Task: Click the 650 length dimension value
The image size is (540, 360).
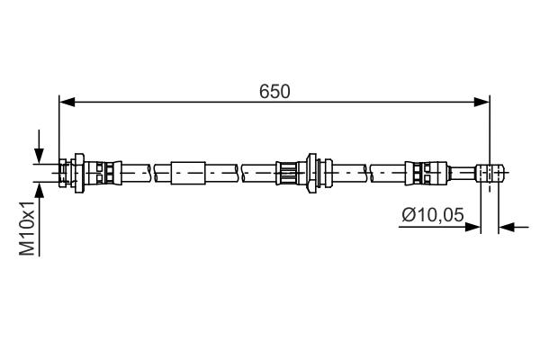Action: point(274,91)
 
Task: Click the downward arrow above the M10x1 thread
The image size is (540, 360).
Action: point(39,153)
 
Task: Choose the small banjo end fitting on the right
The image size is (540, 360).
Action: point(487,170)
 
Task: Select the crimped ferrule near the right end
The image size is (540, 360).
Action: point(423,170)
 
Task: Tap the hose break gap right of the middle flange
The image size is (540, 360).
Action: point(369,170)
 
